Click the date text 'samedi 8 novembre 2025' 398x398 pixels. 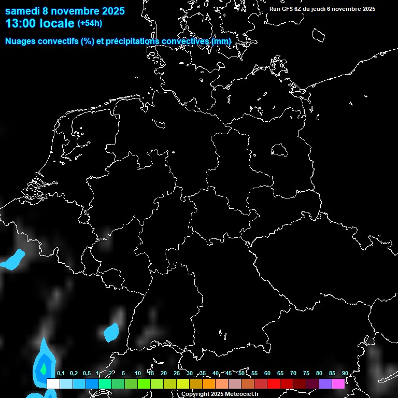tap(65, 11)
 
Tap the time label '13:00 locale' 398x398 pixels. tap(40, 23)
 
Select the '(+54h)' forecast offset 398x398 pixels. tap(90, 23)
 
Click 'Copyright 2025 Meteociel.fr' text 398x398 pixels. tap(220, 394)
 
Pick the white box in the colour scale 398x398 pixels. tap(53, 383)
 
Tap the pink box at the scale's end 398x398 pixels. tap(338, 383)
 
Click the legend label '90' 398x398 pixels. tap(345, 373)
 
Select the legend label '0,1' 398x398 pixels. tap(61, 373)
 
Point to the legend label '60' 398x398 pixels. tap(267, 373)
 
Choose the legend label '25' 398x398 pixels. tap(176, 373)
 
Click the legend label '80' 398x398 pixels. tap(319, 373)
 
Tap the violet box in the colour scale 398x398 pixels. tap(325, 383)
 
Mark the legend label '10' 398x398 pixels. tap(137, 373)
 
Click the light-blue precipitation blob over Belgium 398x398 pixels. tap(13, 260)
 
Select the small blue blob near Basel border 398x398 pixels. tap(111, 332)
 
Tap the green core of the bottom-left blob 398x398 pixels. tap(44, 368)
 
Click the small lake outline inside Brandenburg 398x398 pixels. tap(279, 150)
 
